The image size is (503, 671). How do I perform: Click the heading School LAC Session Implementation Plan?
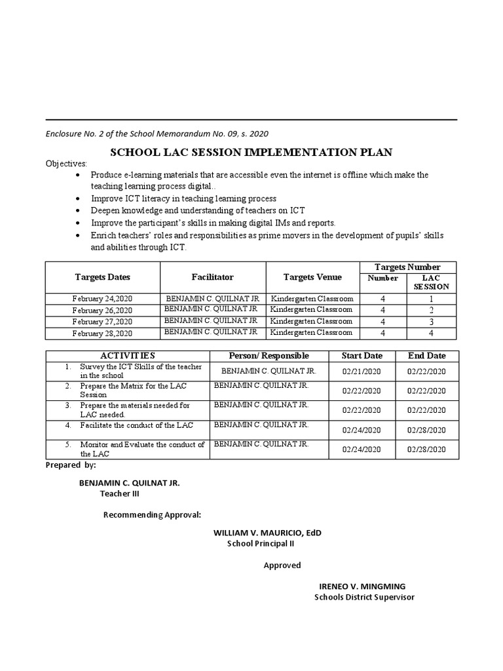(x=251, y=152)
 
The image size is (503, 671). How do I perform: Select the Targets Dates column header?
(x=103, y=277)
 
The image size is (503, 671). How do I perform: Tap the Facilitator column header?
(x=212, y=277)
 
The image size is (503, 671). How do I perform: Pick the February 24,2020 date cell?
(x=103, y=299)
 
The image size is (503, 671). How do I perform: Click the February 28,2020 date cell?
(x=103, y=334)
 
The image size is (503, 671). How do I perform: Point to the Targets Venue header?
(x=312, y=277)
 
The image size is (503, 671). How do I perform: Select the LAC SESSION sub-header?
(x=431, y=282)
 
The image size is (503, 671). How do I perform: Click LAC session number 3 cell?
(x=431, y=322)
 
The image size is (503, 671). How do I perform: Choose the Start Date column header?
(x=362, y=356)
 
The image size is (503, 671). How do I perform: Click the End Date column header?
(x=426, y=356)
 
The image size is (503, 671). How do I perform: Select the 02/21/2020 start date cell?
(x=362, y=371)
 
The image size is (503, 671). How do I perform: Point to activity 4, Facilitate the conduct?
(x=136, y=425)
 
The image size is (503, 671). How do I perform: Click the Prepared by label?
(x=71, y=465)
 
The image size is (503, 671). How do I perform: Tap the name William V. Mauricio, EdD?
(x=267, y=533)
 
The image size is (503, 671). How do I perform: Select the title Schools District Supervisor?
(x=364, y=597)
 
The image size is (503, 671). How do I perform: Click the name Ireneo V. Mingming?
(x=362, y=586)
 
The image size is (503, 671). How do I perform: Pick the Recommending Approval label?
(x=152, y=514)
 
